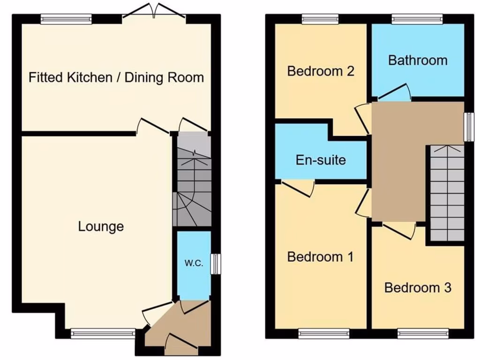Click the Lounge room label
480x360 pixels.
(101, 227)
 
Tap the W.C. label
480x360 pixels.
(194, 263)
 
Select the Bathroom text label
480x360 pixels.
(418, 60)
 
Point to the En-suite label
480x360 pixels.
(321, 160)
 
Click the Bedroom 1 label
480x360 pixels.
(320, 257)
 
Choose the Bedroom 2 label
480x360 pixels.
(320, 71)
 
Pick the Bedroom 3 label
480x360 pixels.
(418, 287)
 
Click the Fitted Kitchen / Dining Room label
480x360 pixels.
(116, 77)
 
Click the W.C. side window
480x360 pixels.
(215, 263)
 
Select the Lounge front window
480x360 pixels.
(103, 333)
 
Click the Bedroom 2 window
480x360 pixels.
(320, 19)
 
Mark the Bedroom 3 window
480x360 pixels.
(423, 333)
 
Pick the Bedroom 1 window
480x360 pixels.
(324, 333)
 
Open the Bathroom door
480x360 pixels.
(395, 92)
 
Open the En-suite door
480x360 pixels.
(298, 188)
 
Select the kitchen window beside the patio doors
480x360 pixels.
(66, 19)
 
